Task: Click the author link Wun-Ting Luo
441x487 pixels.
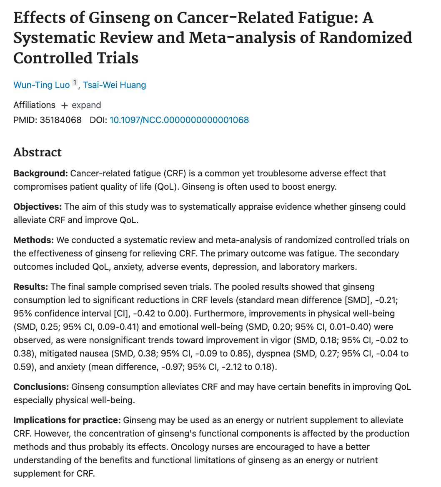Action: pyautogui.click(x=41, y=85)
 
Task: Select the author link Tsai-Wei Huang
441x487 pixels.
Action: pyautogui.click(x=114, y=85)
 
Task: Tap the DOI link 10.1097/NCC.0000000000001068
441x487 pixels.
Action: pyautogui.click(x=179, y=120)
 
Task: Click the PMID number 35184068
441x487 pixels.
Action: pyautogui.click(x=61, y=120)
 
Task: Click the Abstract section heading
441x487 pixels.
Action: pyautogui.click(x=38, y=152)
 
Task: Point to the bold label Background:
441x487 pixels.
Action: pyautogui.click(x=41, y=173)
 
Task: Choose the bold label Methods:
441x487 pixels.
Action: pyautogui.click(x=34, y=240)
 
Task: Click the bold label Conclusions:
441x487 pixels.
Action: pyautogui.click(x=41, y=387)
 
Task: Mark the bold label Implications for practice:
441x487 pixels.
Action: pyautogui.click(x=67, y=420)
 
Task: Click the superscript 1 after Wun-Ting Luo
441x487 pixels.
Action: pyautogui.click(x=75, y=83)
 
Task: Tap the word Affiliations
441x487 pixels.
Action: pyautogui.click(x=34, y=105)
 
